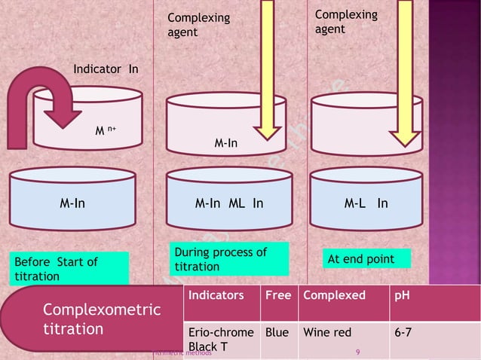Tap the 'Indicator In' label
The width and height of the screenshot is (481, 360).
tap(105, 70)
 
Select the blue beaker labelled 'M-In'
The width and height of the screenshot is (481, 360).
tap(72, 203)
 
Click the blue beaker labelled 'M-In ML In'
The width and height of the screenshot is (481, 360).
tap(229, 203)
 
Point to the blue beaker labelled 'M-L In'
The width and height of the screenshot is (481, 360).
tap(366, 203)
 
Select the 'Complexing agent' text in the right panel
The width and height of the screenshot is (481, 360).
tap(345, 22)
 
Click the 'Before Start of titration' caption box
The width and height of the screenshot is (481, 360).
tap(69, 268)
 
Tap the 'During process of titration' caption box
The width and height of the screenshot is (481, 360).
tap(229, 259)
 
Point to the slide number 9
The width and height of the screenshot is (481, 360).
tap(357, 351)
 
